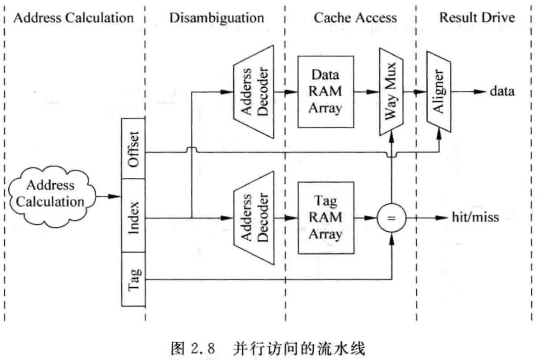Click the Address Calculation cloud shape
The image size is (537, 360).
coord(50,194)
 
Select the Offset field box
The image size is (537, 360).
coord(133,148)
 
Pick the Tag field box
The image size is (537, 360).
coord(133,279)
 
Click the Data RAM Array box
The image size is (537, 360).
coord(325,92)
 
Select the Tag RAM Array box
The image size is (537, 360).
coord(325,218)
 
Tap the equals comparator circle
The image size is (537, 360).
coord(391,218)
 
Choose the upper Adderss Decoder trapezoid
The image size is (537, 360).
coord(254,92)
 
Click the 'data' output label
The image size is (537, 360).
coord(502,92)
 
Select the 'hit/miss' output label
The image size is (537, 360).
coord(476,218)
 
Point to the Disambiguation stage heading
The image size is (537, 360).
coord(217,18)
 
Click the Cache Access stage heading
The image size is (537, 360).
coord(355,18)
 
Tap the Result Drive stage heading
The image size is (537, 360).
coord(477,18)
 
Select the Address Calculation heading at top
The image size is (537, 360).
coord(74,18)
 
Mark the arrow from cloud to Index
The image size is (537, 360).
coord(110,196)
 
